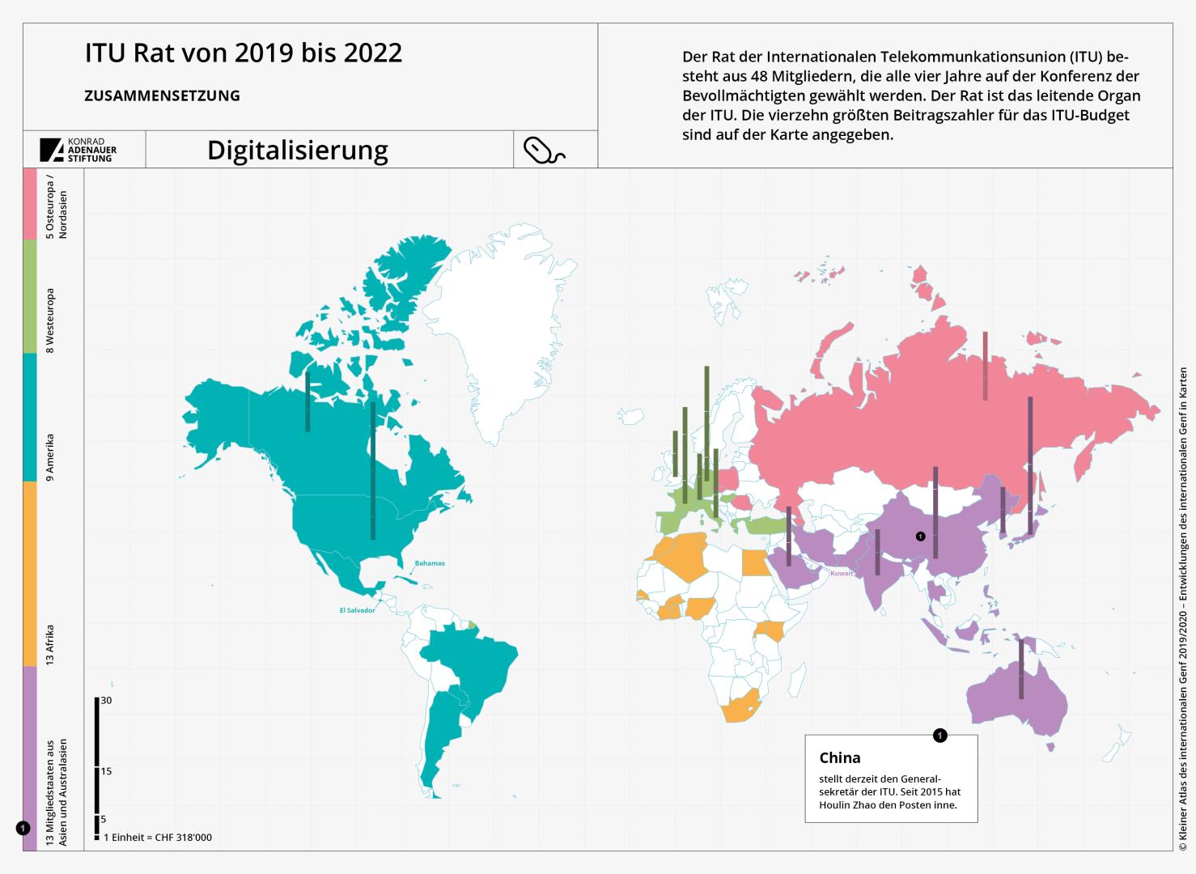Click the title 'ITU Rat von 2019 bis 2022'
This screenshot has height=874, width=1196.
pos(244,53)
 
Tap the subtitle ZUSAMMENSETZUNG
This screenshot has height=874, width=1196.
pos(162,95)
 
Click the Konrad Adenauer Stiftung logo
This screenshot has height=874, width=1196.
pos(78,150)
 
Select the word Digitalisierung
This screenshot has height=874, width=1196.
pos(298,151)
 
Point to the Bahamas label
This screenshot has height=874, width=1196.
pos(430,563)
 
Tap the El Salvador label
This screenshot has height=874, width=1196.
pos(357,610)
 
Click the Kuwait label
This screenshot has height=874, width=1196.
pos(842,573)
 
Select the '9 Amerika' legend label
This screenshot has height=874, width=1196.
pos(50,457)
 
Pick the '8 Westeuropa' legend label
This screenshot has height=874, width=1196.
pos(50,320)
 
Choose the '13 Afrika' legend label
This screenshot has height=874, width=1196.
pos(50,644)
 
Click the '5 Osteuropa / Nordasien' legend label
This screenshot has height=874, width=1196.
pos(57,206)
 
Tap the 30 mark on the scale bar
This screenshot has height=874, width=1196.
pos(106,700)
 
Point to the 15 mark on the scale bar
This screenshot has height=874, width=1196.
pos(106,771)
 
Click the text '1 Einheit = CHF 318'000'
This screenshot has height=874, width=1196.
pos(158,838)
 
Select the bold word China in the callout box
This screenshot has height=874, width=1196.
pos(840,758)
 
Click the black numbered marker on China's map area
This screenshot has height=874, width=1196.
pos(920,537)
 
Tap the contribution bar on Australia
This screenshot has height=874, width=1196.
pos(1021,669)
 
